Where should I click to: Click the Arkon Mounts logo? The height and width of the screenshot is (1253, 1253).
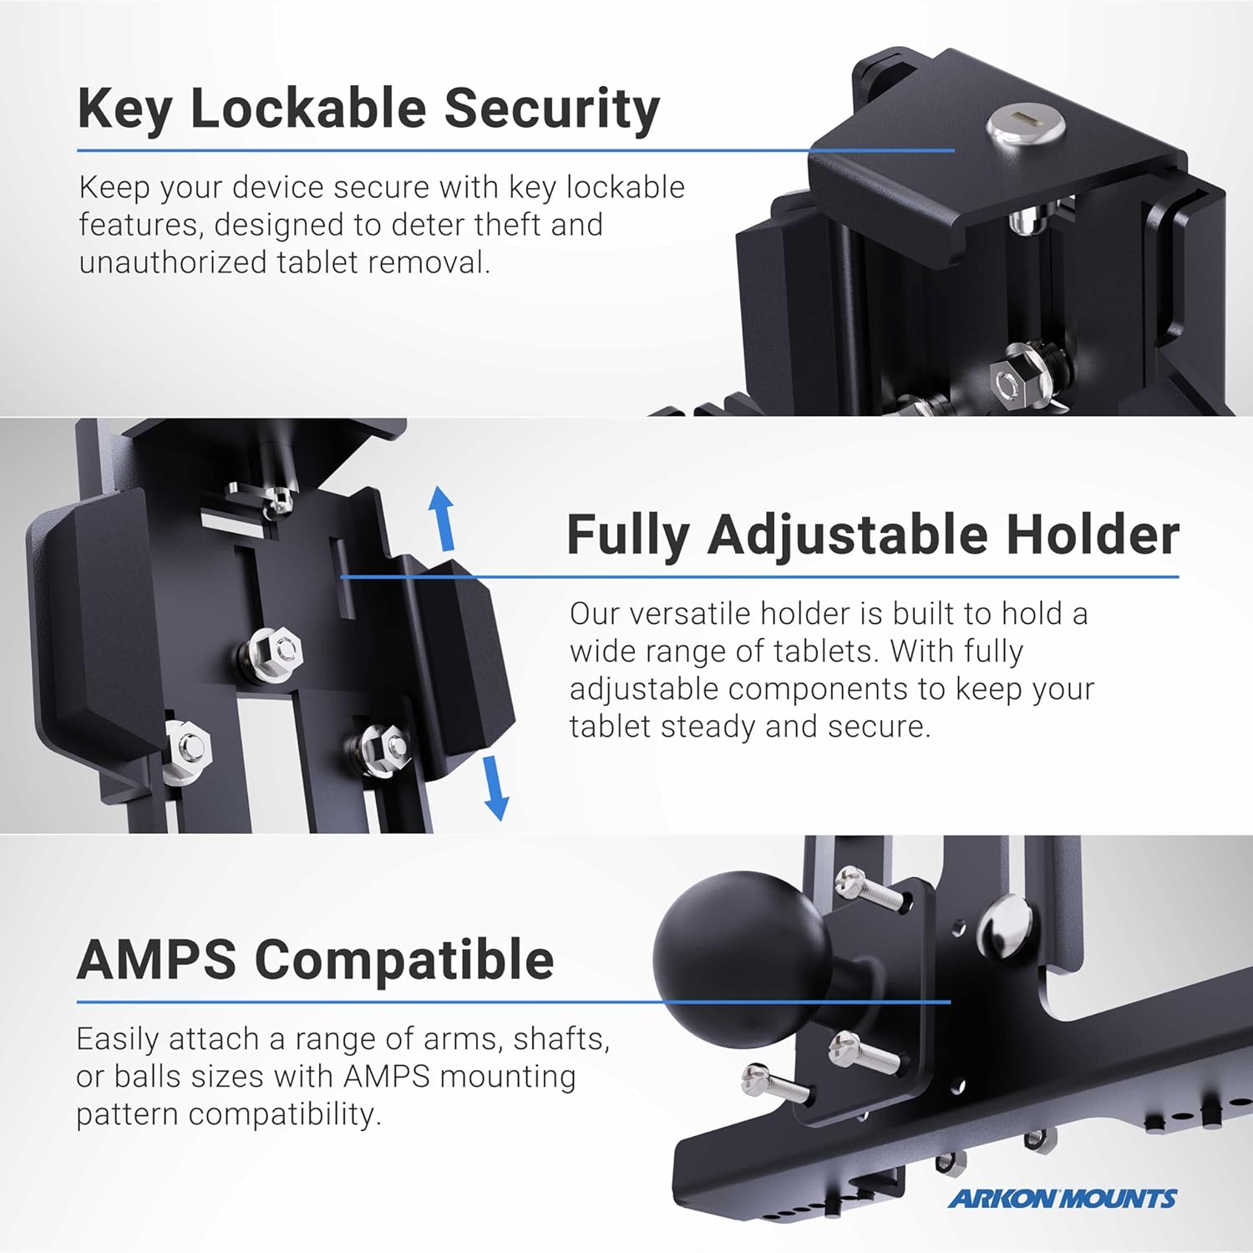(x=1062, y=1199)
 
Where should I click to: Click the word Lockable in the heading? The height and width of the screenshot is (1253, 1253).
(x=308, y=109)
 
